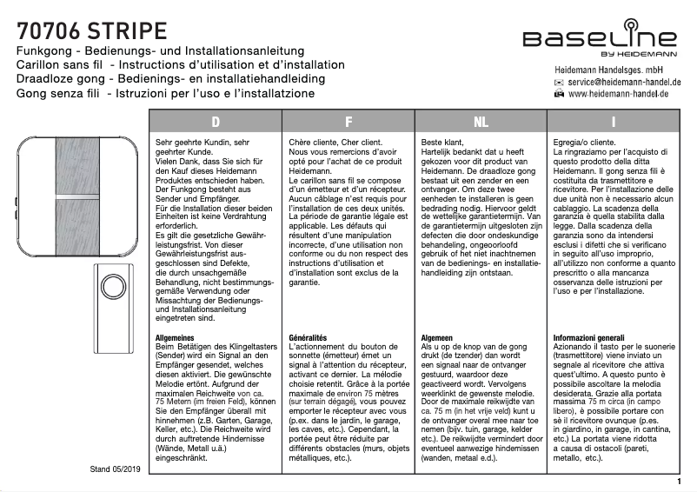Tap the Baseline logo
[x=601, y=40]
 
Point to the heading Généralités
[x=307, y=337]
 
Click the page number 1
[x=678, y=481]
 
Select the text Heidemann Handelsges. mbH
[x=615, y=69]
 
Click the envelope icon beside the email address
[x=559, y=82]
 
